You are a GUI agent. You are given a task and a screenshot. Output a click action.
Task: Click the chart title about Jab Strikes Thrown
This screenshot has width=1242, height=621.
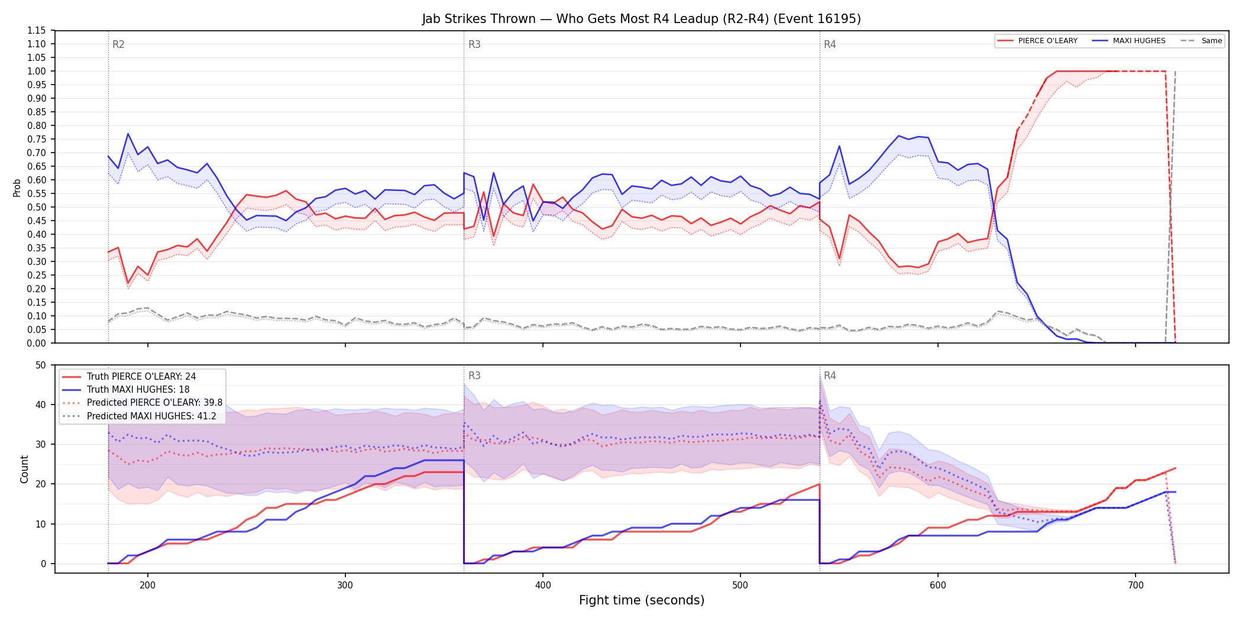[641, 19]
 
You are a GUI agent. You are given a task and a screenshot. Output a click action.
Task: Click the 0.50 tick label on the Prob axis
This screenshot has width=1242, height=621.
[37, 207]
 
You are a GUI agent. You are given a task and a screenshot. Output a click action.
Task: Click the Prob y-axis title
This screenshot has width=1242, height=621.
[17, 187]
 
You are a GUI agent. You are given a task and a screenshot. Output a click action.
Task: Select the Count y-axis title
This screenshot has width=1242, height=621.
[24, 469]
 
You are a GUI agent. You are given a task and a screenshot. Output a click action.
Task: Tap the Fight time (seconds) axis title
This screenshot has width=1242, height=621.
[642, 600]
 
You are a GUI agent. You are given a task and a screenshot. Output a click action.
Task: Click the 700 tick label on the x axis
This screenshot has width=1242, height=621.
[1136, 586]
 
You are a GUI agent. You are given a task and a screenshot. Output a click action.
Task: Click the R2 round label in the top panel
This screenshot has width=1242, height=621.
[118, 44]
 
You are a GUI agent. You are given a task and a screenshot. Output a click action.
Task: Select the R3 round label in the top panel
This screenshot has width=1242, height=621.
[474, 44]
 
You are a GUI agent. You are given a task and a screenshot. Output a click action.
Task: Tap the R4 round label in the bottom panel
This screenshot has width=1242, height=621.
[830, 376]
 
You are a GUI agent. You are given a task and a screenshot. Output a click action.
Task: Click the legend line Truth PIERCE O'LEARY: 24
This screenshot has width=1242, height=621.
[141, 376]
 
